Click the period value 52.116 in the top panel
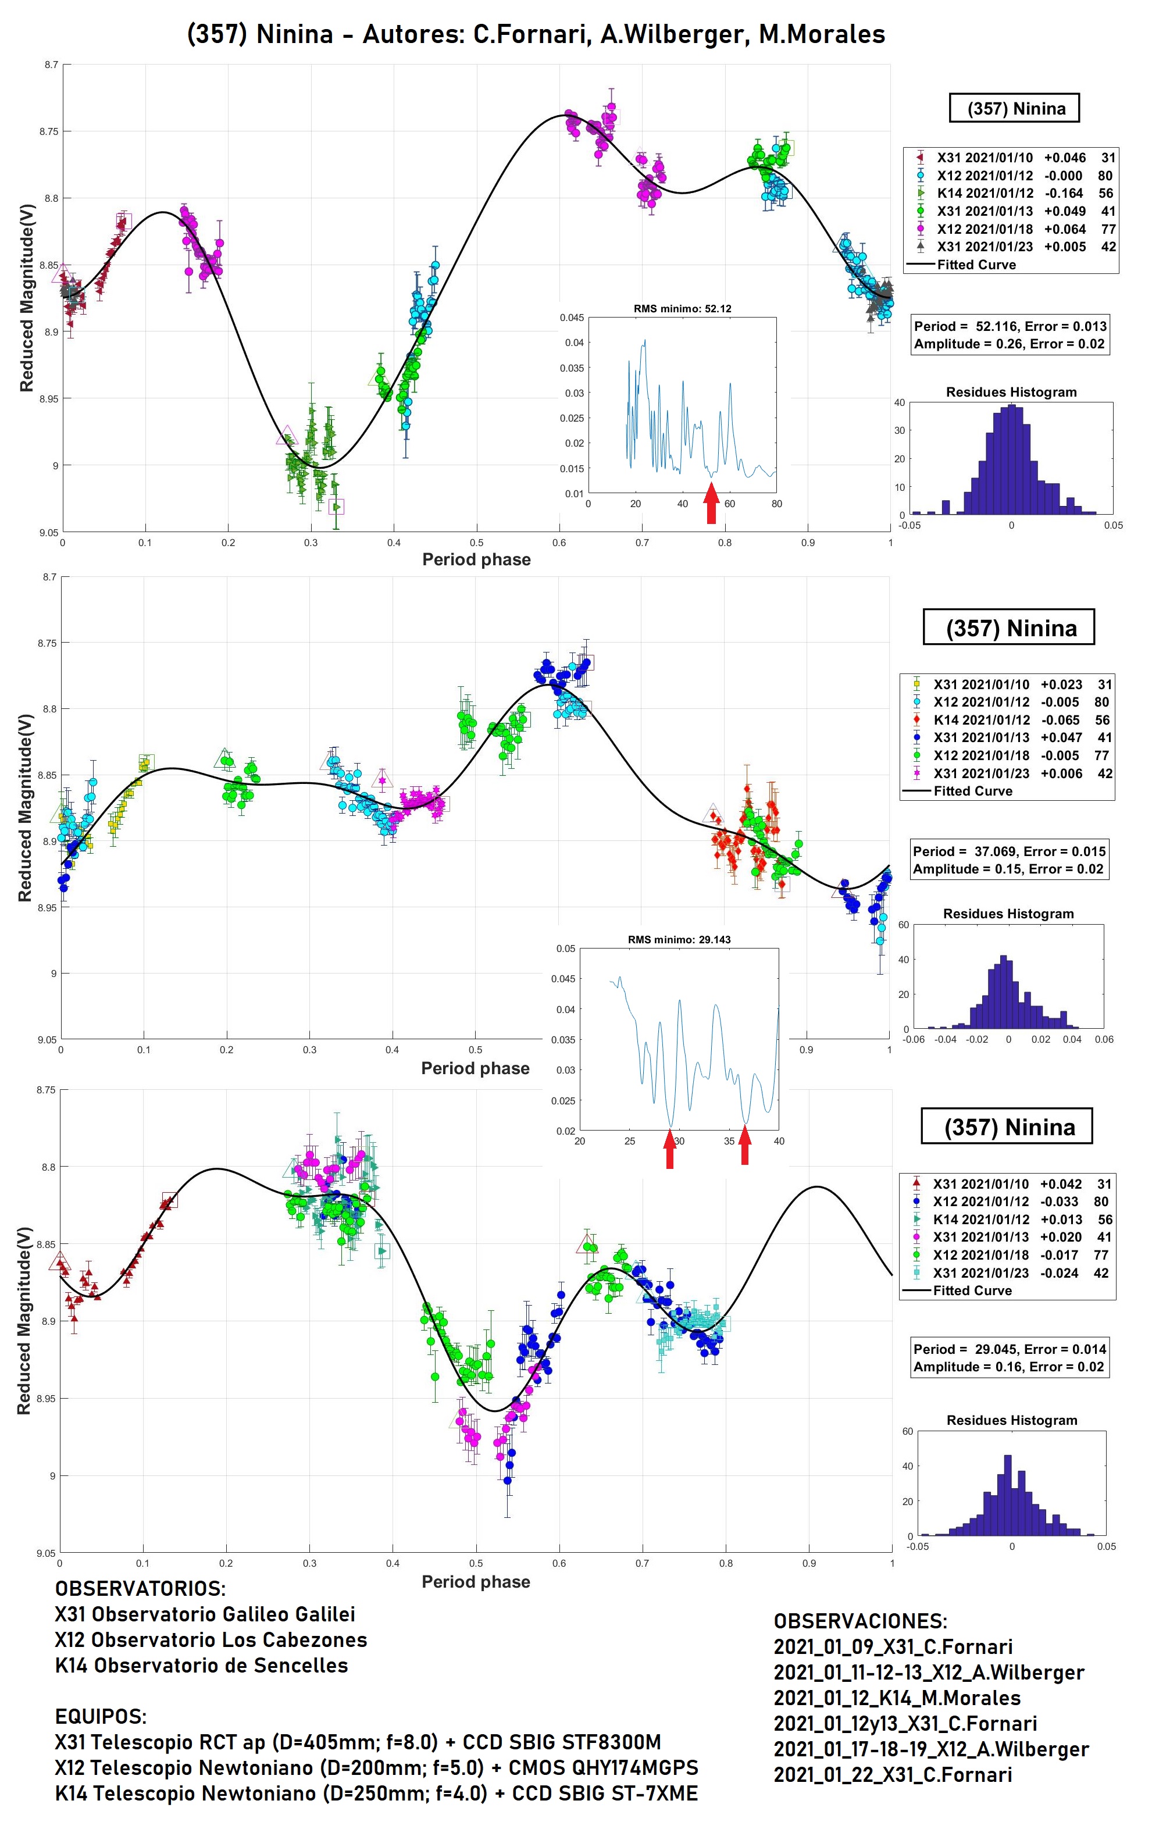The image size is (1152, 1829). tap(995, 326)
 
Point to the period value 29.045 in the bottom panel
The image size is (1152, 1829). tap(994, 1349)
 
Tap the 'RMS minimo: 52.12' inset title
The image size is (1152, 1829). tap(682, 309)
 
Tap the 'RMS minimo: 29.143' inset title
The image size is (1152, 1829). tap(679, 940)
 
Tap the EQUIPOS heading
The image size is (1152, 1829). tap(101, 1717)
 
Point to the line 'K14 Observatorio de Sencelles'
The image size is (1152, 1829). tap(201, 1666)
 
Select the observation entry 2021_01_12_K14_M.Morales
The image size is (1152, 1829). tap(897, 1698)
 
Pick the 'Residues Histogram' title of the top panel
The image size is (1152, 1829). tap(1011, 392)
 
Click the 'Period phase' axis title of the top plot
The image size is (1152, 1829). tap(476, 560)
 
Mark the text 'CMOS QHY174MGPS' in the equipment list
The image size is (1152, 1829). tap(603, 1769)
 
